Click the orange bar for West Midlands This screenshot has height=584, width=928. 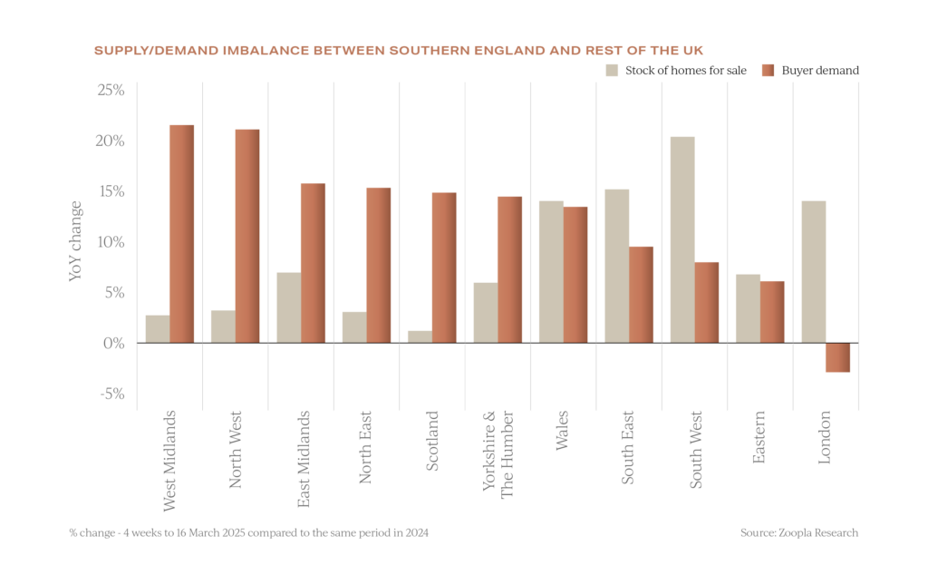pos(182,234)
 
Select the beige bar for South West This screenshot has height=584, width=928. pos(681,239)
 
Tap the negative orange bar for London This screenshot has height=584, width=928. pos(837,358)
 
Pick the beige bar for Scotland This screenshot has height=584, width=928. pos(419,336)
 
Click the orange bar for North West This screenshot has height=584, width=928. pos(247,236)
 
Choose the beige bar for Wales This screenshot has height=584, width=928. pos(551,271)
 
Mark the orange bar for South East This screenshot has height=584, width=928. pos(641,294)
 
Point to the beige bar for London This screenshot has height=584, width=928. pos(813,271)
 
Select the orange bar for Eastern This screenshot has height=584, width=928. pos(772,311)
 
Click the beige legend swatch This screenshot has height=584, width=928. pos(612,71)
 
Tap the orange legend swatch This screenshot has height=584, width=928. pos(768,71)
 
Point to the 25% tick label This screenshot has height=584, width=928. pos(111,91)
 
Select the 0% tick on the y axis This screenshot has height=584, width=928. pos(113,343)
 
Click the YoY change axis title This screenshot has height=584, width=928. pos(77,240)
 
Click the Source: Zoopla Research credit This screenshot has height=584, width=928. pos(798,533)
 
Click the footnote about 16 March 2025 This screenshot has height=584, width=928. pos(248,533)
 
